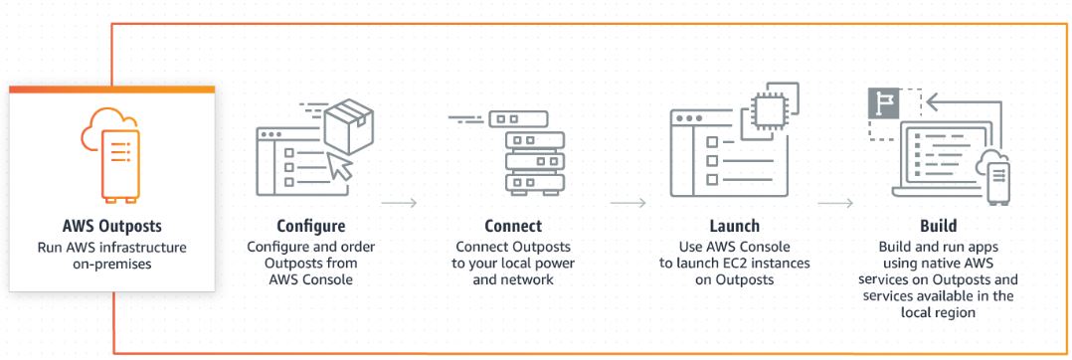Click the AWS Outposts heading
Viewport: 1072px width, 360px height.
click(x=111, y=226)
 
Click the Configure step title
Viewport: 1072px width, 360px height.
click(x=311, y=226)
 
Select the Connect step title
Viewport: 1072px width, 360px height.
click(x=513, y=226)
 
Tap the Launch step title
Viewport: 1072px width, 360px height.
click(x=734, y=226)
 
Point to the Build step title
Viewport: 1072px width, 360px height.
click(x=938, y=226)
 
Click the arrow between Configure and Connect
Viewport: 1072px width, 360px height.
click(x=400, y=203)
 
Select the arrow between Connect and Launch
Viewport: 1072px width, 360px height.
click(x=627, y=203)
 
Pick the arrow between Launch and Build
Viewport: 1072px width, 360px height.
click(x=834, y=203)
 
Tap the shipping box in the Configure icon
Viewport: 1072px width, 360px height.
click(x=349, y=125)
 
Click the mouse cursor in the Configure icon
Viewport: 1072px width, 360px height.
click(x=341, y=167)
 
